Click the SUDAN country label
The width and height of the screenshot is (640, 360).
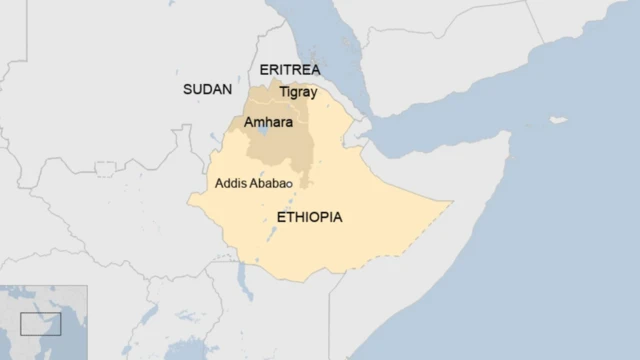[207, 89]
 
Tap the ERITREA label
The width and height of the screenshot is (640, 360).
[289, 69]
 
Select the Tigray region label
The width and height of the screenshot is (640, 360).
[298, 92]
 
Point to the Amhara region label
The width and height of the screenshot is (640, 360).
[268, 121]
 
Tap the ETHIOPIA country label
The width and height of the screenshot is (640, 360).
[309, 216]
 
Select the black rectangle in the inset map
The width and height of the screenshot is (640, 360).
[40, 324]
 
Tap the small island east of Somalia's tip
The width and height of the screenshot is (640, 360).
[556, 121]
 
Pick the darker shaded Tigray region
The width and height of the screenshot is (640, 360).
[290, 101]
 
